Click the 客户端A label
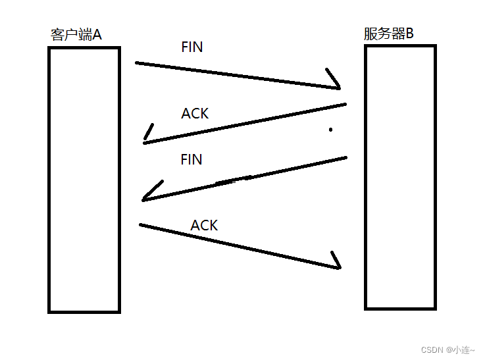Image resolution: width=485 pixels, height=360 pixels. click(76, 35)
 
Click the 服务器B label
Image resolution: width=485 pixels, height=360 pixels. click(389, 34)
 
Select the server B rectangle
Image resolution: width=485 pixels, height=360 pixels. click(400, 177)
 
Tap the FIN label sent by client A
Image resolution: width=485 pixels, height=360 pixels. click(191, 47)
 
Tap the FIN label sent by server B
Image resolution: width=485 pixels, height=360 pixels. click(191, 160)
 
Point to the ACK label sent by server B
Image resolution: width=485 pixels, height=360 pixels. click(195, 114)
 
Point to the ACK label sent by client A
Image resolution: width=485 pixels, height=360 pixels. click(204, 226)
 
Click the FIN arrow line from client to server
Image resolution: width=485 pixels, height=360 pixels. click(237, 75)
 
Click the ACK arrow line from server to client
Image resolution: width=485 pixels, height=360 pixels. click(243, 123)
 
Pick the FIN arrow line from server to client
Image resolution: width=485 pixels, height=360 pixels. click(243, 178)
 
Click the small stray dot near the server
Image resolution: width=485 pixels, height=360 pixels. click(330, 130)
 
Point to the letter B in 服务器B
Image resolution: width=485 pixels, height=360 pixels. click(409, 34)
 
